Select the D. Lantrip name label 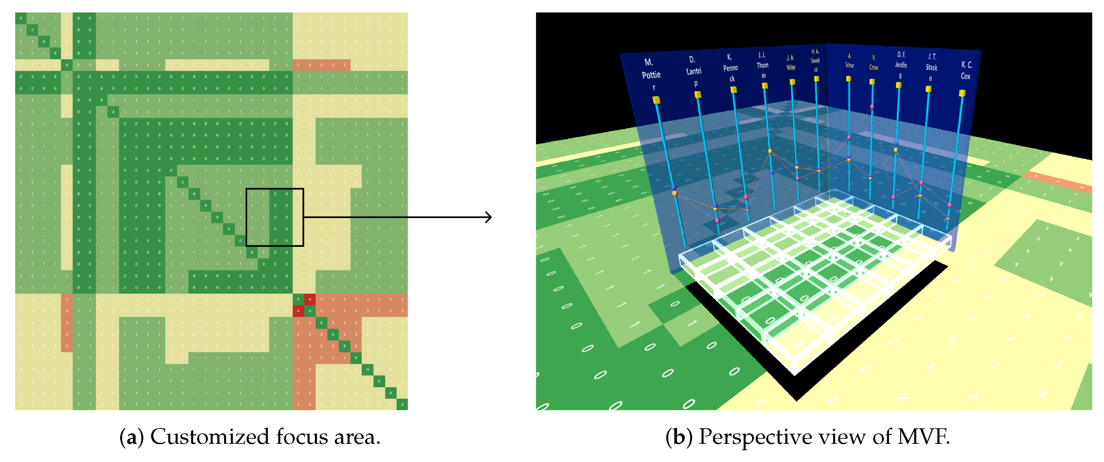[693, 71]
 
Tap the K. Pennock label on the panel [730, 68]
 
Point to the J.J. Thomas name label [762, 65]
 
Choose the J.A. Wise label [790, 63]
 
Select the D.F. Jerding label [900, 65]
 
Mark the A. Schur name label [849, 61]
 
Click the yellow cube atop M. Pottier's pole [656, 100]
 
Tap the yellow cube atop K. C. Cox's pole [962, 93]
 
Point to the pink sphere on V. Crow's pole [872, 107]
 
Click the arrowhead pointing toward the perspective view [489, 217]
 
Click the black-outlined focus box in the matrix [275, 217]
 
